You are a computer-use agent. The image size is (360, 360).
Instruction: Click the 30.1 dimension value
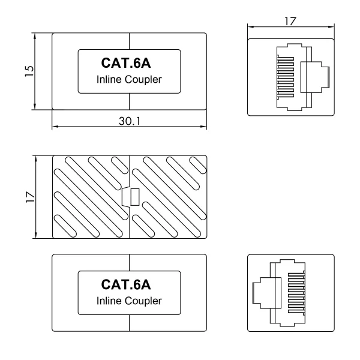click(130, 121)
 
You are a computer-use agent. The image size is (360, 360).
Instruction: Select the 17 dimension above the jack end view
click(291, 20)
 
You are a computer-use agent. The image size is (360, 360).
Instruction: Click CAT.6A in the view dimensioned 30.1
click(130, 63)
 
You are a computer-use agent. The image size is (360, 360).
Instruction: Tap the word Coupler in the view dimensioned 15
click(142, 80)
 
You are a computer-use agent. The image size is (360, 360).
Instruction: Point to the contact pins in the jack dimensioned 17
click(284, 76)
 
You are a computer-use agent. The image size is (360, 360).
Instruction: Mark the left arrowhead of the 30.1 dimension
click(55, 127)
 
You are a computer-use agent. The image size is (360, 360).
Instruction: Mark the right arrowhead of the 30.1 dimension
click(204, 127)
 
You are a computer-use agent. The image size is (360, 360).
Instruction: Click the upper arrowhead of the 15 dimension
click(35, 35)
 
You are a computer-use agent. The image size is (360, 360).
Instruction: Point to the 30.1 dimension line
click(90, 127)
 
